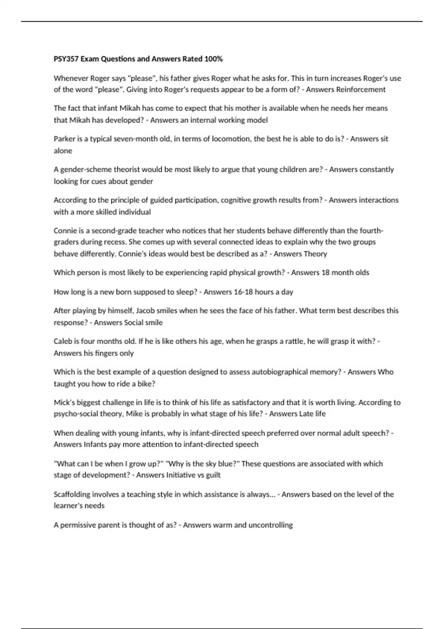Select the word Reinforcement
361,90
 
